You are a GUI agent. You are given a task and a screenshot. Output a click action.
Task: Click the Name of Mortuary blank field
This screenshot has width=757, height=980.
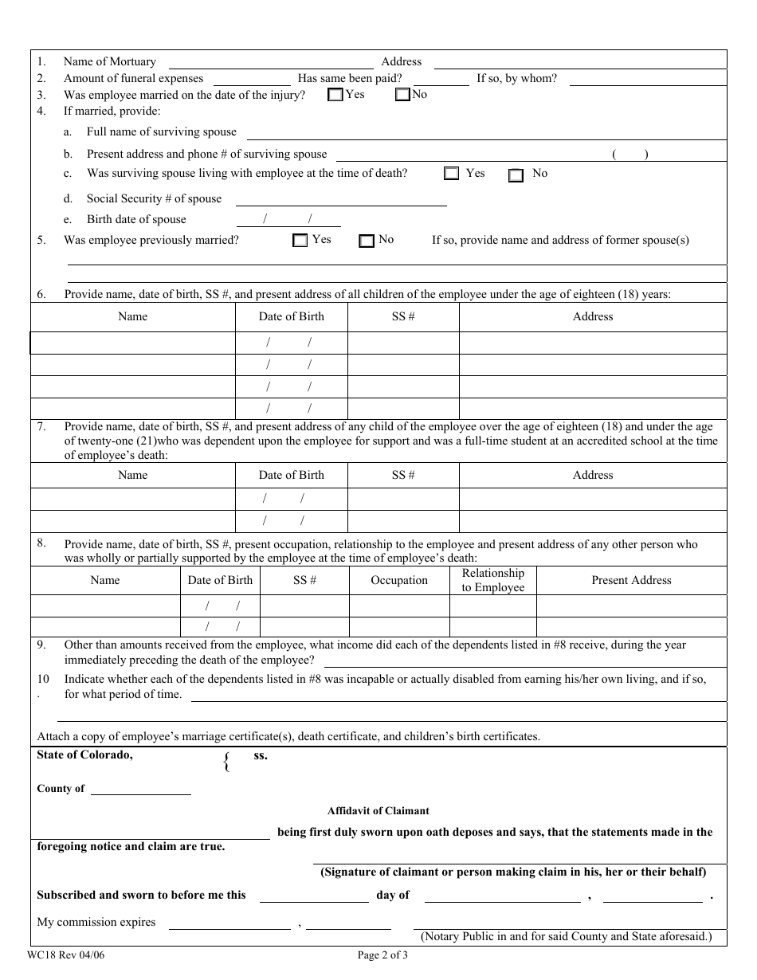click(x=271, y=62)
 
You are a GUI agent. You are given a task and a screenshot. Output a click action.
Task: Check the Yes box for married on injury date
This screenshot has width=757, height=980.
click(x=335, y=95)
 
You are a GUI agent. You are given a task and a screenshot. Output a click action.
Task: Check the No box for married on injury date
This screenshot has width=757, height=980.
click(x=402, y=95)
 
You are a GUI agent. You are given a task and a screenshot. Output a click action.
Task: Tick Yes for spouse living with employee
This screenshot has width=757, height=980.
click(x=452, y=174)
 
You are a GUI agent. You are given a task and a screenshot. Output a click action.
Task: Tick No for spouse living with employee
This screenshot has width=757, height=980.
click(x=516, y=175)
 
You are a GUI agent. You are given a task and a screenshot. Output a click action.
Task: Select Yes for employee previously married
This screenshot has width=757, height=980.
click(x=300, y=240)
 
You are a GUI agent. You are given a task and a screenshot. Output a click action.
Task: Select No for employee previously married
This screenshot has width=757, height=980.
click(x=367, y=241)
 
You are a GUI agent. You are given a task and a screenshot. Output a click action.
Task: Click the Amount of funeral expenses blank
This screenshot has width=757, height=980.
click(x=252, y=79)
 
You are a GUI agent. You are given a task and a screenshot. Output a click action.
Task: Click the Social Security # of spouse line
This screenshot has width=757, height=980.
click(x=340, y=199)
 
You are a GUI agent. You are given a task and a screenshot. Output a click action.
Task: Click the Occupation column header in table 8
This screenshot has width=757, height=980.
click(x=399, y=580)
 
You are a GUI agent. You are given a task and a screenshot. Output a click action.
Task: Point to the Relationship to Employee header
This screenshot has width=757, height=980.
click(x=493, y=580)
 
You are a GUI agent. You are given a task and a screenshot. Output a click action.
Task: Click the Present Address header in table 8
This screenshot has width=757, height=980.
click(x=631, y=580)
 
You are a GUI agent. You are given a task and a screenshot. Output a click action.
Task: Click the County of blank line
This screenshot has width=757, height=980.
click(x=141, y=789)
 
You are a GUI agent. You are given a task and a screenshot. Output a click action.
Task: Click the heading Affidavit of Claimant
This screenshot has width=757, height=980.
click(x=378, y=811)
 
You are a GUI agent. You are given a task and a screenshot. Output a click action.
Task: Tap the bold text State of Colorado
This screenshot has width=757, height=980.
click(x=84, y=755)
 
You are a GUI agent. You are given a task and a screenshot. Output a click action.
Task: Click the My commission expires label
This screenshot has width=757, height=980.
click(x=96, y=923)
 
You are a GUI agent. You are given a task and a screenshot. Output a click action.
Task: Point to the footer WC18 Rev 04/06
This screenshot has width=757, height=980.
click(x=65, y=956)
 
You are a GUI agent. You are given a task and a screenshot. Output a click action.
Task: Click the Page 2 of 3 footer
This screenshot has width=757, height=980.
click(x=383, y=956)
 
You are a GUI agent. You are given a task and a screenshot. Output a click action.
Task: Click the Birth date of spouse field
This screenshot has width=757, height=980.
click(x=288, y=220)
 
